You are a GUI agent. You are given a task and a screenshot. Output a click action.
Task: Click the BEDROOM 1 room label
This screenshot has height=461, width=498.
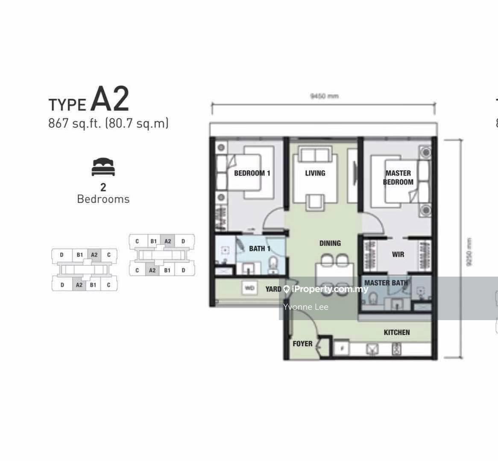tap(252, 173)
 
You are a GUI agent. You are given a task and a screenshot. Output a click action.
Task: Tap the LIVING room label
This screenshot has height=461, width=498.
tap(315, 173)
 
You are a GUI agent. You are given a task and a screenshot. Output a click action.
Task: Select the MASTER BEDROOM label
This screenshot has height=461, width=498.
tap(398, 178)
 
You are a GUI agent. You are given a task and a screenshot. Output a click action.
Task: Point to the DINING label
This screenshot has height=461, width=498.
tap(330, 243)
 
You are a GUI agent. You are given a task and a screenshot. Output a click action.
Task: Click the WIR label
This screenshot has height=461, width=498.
tap(398, 254)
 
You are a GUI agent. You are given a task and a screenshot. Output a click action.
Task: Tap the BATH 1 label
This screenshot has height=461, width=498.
tap(260, 248)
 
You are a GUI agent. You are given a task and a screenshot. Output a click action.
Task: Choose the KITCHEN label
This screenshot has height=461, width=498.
tap(397, 332)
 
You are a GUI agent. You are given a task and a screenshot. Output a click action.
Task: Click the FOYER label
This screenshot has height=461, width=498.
tap(302, 344)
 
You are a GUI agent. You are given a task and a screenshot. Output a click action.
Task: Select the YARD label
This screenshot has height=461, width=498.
tap(273, 289)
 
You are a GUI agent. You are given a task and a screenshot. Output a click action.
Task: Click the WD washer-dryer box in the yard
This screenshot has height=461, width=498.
tap(250, 289)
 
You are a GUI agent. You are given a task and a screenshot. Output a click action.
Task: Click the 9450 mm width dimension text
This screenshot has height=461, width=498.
tap(324, 96)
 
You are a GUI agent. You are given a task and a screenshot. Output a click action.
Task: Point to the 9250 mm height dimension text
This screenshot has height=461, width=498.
tap(469, 252)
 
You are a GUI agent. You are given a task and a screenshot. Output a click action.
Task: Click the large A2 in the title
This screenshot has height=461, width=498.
tap(110, 99)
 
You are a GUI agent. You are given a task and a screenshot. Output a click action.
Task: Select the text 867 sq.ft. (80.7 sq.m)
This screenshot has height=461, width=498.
tap(108, 123)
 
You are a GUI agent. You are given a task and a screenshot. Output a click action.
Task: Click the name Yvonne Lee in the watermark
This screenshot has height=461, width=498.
tap(306, 306)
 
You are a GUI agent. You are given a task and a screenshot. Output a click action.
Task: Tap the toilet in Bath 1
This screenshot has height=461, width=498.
tap(272, 265)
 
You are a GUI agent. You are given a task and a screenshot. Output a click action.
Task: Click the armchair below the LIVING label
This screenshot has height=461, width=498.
tap(315, 200)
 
